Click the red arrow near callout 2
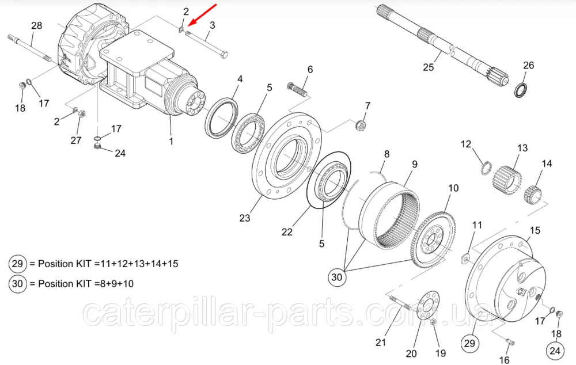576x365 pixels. click(x=202, y=15)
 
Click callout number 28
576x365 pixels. click(x=36, y=26)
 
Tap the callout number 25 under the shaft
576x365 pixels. click(x=429, y=67)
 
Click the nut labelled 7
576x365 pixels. click(x=361, y=126)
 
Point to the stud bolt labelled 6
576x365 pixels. click(x=297, y=89)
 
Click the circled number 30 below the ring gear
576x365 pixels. click(x=337, y=277)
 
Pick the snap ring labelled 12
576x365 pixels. click(x=486, y=168)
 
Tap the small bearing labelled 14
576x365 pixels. click(x=532, y=196)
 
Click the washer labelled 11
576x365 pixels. click(x=465, y=258)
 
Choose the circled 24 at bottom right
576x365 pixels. click(x=555, y=351)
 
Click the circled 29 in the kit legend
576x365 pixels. click(x=18, y=264)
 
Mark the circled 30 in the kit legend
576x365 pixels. click(x=18, y=284)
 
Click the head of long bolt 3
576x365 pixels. click(x=223, y=54)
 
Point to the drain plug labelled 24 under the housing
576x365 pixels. click(x=97, y=147)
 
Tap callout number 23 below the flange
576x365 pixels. click(x=245, y=218)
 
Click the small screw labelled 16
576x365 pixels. click(x=510, y=343)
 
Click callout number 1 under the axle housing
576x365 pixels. click(x=171, y=141)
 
